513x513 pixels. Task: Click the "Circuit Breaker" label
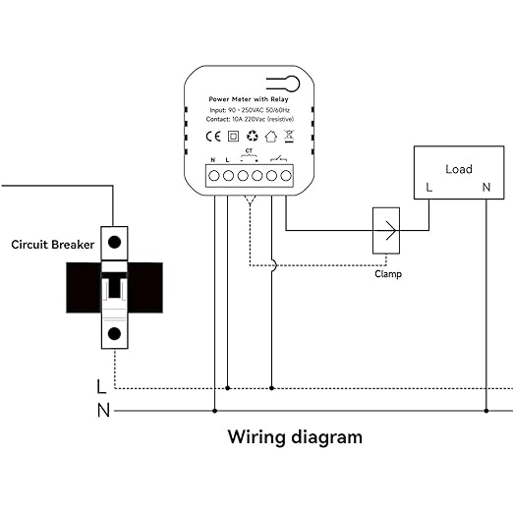coord(53,245)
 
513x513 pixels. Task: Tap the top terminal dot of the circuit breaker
coord(114,243)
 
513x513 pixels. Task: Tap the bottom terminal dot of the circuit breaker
coord(114,334)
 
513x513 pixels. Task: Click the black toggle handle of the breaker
coord(114,287)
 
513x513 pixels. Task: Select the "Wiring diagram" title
coord(295,437)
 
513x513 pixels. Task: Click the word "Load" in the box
coord(459,169)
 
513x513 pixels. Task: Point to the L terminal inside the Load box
coord(428,188)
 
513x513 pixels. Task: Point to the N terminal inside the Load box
coord(486,188)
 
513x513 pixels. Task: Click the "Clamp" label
coord(388,274)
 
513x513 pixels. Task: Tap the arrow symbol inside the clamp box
coord(391,230)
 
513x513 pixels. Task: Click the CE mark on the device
coord(213,137)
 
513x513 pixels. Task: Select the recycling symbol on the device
coord(253,136)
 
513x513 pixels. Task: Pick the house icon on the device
coord(271,137)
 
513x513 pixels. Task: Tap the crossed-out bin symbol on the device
coord(289,136)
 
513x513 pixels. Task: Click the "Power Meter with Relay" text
coord(249,99)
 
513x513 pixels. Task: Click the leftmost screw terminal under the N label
coord(214,176)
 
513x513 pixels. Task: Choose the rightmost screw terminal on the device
coord(286,176)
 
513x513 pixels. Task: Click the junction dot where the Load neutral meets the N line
coord(486,411)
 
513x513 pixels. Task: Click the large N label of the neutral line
coord(103,410)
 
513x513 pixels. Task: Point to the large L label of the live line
coord(101,386)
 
